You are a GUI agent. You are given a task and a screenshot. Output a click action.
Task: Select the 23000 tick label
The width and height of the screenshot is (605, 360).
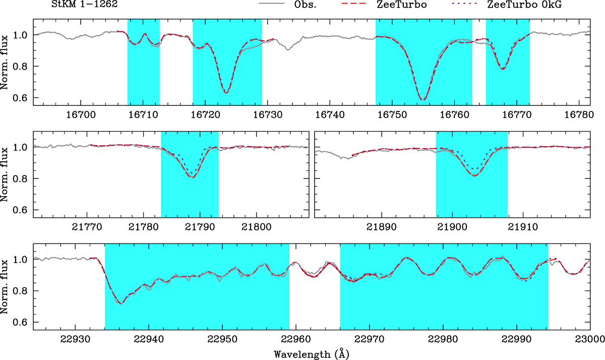point(590,339)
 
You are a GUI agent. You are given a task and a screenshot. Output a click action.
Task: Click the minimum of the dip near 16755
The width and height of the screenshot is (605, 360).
point(423,100)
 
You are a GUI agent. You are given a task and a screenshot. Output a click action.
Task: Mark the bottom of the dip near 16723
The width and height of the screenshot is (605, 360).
point(226,93)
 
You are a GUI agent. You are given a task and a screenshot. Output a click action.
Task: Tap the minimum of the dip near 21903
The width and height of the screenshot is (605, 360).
point(475,175)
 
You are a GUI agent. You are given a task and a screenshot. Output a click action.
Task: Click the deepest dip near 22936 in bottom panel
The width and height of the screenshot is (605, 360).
point(120,304)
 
